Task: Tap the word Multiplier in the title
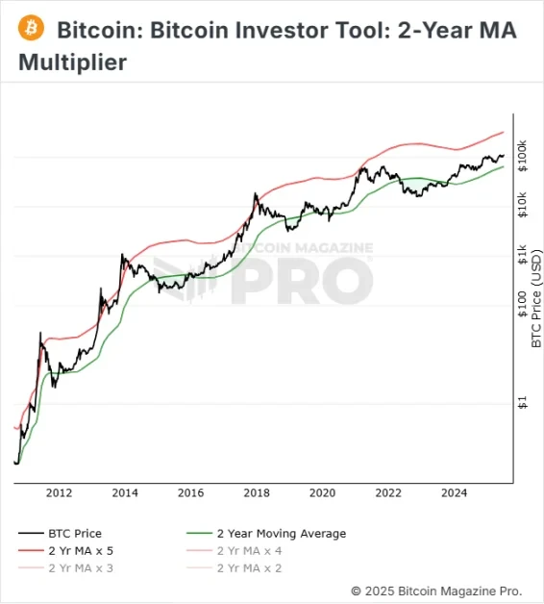[x=72, y=64]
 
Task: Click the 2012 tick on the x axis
[x=59, y=493]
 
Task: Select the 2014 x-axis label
[x=125, y=493]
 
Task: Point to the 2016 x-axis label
[x=191, y=493]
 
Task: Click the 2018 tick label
[x=257, y=493]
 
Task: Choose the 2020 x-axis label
[x=323, y=493]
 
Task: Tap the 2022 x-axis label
[x=388, y=493]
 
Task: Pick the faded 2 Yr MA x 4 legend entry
[x=249, y=550]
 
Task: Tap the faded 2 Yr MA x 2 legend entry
[x=249, y=567]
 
